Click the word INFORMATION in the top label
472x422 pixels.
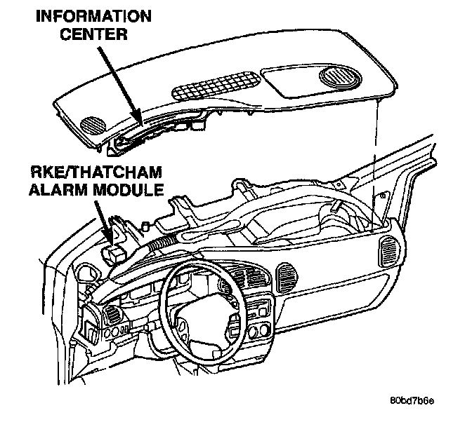click(93, 16)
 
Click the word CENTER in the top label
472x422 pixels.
click(93, 34)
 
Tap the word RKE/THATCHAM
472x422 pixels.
click(96, 172)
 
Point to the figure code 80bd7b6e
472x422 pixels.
click(412, 401)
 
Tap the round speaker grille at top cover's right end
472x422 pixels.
click(340, 76)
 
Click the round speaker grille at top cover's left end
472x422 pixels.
click(93, 125)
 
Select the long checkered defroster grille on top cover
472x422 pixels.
click(216, 86)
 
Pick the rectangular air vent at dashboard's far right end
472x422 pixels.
click(390, 251)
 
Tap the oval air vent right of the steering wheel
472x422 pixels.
click(286, 278)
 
